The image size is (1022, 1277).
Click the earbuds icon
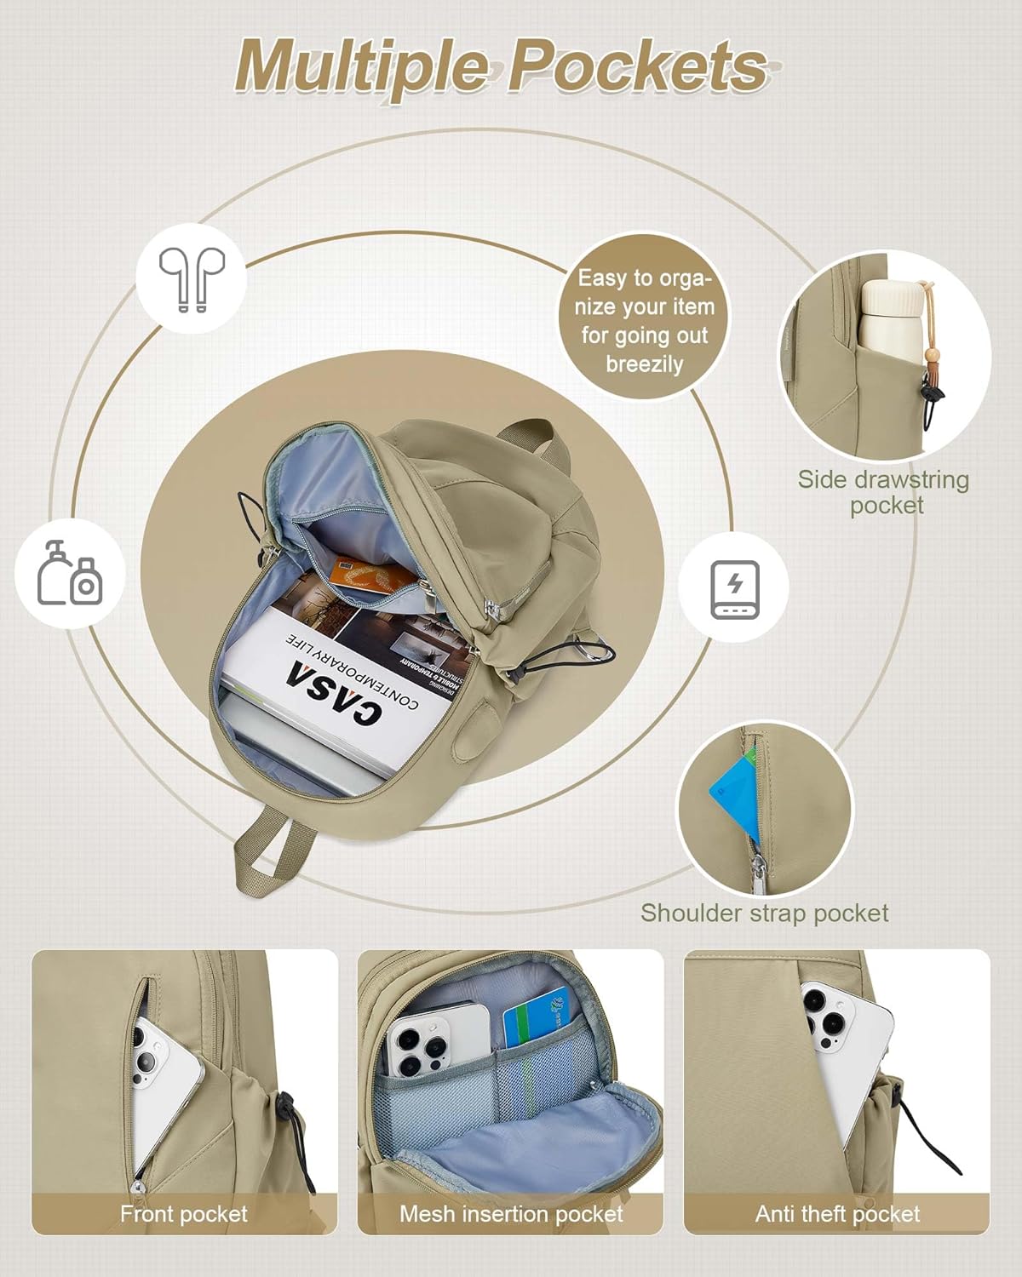(192, 278)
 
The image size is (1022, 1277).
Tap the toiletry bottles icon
(70, 573)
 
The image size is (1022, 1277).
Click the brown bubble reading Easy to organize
(645, 321)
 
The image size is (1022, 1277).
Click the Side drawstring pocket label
(884, 492)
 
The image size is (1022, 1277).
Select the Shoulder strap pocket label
(764, 913)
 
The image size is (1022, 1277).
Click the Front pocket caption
(184, 1214)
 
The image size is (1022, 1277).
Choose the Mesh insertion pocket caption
(511, 1214)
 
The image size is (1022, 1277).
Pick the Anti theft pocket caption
(837, 1214)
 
